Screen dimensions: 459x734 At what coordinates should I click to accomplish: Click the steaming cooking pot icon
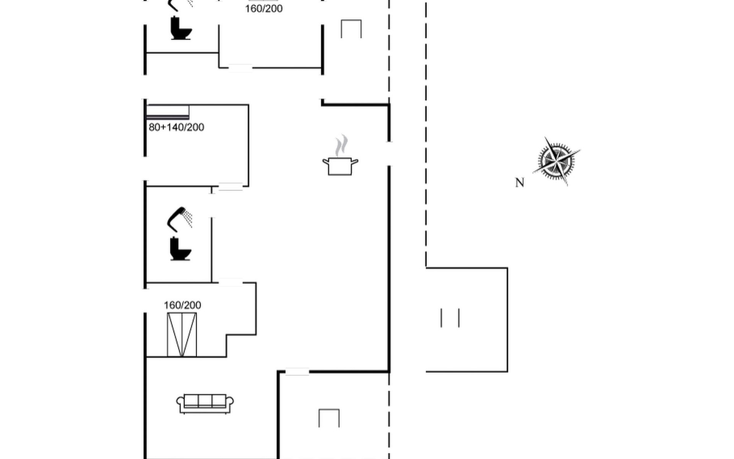point(340,165)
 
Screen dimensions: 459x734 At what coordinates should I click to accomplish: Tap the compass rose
point(556,161)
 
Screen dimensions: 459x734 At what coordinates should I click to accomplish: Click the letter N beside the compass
point(519,183)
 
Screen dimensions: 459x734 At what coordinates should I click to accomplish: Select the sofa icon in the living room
point(205,404)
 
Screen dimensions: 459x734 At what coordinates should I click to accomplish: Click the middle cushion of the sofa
point(205,400)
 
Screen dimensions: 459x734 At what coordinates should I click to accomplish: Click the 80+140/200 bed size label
point(176,127)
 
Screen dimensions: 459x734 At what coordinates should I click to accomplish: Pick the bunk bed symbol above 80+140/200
point(168,112)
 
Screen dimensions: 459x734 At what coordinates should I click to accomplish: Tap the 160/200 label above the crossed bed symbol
point(182,305)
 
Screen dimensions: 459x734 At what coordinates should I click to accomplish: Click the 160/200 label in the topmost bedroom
point(264,8)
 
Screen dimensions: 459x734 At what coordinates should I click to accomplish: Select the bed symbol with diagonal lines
point(182,335)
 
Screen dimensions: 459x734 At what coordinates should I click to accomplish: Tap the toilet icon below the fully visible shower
point(180,249)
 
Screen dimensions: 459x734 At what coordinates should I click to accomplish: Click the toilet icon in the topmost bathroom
point(180,28)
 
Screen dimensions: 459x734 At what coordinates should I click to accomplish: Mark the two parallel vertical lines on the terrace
point(450,318)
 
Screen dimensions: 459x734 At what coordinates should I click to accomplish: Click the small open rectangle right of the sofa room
point(329,418)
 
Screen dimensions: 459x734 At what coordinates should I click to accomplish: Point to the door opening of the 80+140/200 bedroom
point(231,187)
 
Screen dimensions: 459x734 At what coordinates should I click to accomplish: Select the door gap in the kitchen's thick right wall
point(389,154)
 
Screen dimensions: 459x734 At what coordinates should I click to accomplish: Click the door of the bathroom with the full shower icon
point(212,206)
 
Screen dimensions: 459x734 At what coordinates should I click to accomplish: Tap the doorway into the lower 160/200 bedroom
point(231,283)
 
